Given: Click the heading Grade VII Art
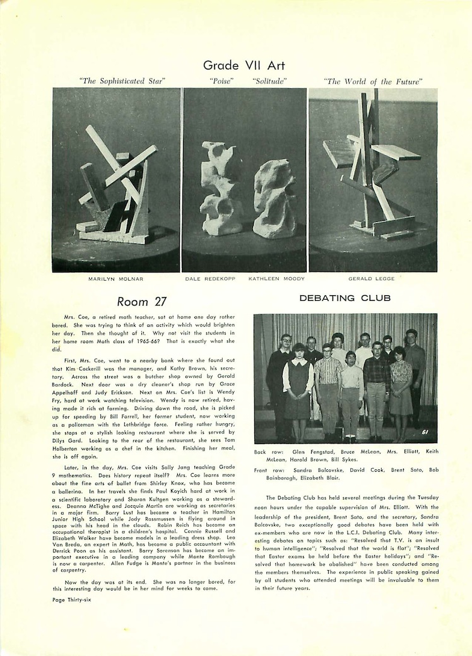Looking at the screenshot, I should (244, 65).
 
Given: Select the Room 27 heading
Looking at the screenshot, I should (141, 302).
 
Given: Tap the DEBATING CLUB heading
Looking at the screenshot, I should (345, 298).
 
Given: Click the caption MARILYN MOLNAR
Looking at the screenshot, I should (116, 278).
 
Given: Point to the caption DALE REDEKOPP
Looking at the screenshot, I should (210, 278).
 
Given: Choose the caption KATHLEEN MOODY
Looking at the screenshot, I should (276, 278).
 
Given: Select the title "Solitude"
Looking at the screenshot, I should (269, 81).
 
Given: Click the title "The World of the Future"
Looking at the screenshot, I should (372, 81).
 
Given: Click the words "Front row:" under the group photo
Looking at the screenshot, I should (269, 470).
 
